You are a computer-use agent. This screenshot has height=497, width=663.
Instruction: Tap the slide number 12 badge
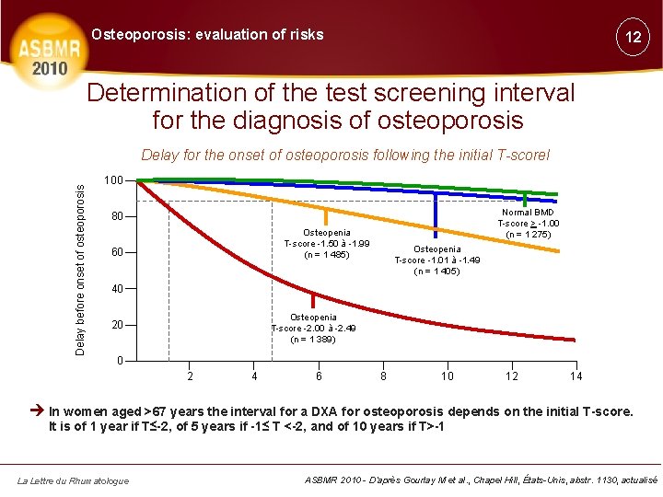632,38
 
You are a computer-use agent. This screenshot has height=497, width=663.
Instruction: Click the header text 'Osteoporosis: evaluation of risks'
207,35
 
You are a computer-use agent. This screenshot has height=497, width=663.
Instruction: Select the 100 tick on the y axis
113,179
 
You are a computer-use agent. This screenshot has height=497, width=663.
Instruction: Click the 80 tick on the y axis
115,217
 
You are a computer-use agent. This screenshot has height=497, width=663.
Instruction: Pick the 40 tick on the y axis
115,289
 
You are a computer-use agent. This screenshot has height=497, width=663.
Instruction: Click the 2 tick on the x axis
190,376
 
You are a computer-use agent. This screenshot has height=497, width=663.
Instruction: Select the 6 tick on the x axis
319,376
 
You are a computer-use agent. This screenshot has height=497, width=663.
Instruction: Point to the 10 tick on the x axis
447,376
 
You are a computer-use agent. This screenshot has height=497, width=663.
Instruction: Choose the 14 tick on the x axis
576,376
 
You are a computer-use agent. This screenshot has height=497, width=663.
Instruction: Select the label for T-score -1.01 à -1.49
437,260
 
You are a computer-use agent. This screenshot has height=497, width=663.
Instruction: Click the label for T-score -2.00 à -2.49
313,329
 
